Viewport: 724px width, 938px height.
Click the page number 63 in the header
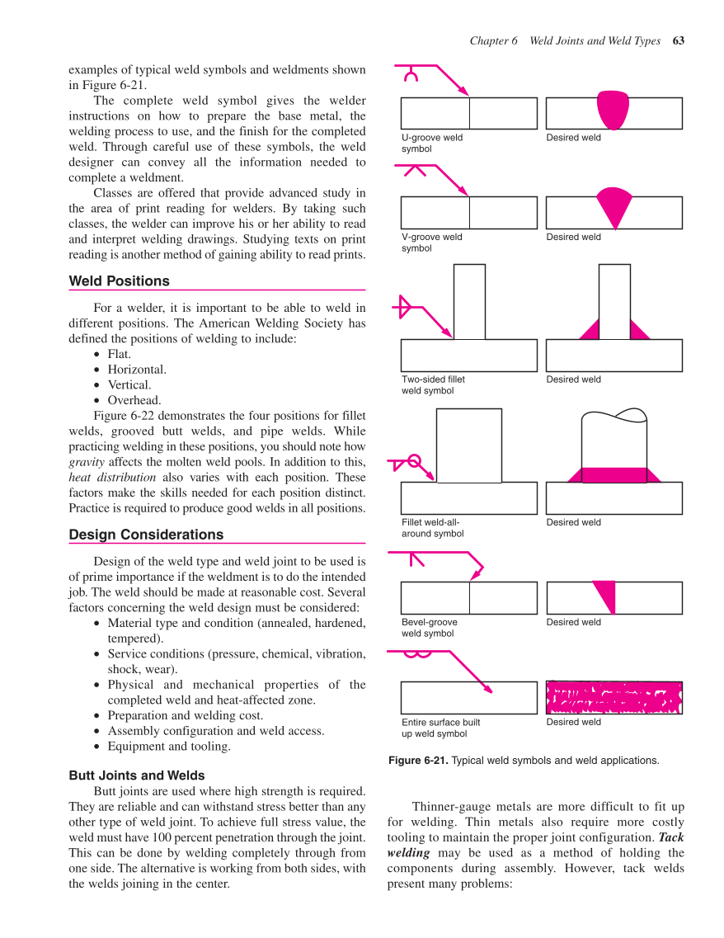click(679, 40)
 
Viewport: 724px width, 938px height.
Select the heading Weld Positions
click(119, 281)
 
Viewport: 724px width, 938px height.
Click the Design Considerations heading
click(146, 535)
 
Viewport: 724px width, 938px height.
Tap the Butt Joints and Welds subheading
click(137, 775)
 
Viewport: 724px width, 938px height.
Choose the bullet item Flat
click(119, 354)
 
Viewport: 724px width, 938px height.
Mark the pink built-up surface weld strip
click(614, 698)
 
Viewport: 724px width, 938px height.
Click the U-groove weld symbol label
click(431, 144)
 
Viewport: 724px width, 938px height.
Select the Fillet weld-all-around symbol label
click(432, 528)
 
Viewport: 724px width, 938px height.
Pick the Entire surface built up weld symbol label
click(440, 728)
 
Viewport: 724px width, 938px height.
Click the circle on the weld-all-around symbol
click(415, 460)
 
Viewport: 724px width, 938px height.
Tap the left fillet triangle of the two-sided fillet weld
click(590, 330)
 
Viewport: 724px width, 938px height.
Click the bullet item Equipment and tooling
click(169, 747)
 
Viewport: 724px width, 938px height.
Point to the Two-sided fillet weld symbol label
click(433, 385)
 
